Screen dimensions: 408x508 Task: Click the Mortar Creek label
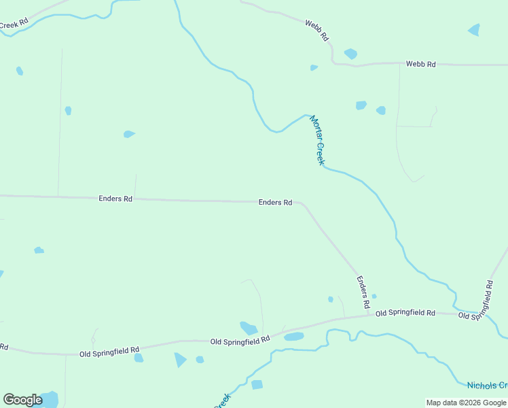click(x=318, y=140)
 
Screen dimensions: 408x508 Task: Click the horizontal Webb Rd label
click(x=420, y=64)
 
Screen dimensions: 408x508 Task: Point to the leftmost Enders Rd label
click(x=115, y=199)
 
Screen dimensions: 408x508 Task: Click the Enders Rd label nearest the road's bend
click(x=275, y=203)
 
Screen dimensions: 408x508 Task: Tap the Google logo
click(x=22, y=400)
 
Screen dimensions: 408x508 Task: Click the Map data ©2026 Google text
click(x=466, y=403)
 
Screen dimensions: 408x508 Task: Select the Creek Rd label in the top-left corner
click(x=14, y=24)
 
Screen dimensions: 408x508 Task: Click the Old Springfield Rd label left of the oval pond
click(x=240, y=340)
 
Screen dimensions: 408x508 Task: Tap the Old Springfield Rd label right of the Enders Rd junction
click(x=405, y=312)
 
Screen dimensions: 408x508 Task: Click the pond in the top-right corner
click(x=474, y=30)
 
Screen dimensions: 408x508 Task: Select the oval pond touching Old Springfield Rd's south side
click(x=293, y=337)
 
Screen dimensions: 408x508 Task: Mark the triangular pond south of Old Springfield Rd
click(x=180, y=359)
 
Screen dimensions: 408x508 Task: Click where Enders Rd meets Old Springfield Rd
click(x=371, y=313)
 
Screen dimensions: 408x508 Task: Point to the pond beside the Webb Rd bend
click(x=350, y=54)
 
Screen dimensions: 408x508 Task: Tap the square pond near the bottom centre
click(x=257, y=385)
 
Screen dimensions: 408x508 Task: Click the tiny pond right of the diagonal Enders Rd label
click(x=374, y=296)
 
